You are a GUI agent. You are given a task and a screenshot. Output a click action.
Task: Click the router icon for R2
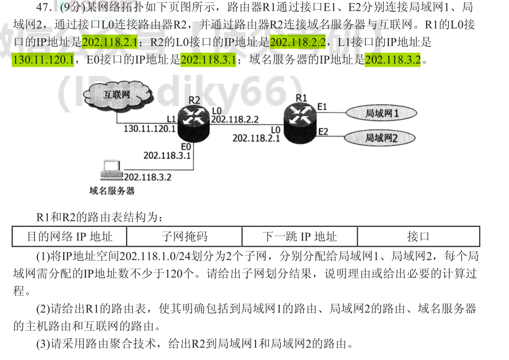coord(194,122)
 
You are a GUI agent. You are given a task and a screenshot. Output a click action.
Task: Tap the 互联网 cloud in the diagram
coord(116,95)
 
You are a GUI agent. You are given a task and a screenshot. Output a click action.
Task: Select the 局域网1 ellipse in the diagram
coord(382,113)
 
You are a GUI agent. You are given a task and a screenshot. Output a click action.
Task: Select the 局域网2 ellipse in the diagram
coord(382,138)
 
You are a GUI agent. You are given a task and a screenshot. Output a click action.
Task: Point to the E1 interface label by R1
coord(323,106)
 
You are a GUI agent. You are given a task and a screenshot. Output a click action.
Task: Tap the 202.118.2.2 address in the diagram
coord(235,119)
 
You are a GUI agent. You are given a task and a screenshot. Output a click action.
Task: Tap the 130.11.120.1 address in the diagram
coord(149,129)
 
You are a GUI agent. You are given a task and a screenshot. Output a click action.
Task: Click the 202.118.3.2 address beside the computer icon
coord(147,177)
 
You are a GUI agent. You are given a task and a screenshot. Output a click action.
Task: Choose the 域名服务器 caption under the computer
coord(112,191)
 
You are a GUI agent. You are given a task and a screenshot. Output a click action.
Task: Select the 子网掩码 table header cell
coord(184,236)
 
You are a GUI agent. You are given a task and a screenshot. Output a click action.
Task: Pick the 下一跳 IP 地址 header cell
coord(299,236)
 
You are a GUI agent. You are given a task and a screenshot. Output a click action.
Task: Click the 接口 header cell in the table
coord(418,236)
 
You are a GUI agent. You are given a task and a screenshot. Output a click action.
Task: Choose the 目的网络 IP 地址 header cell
coord(70,236)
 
